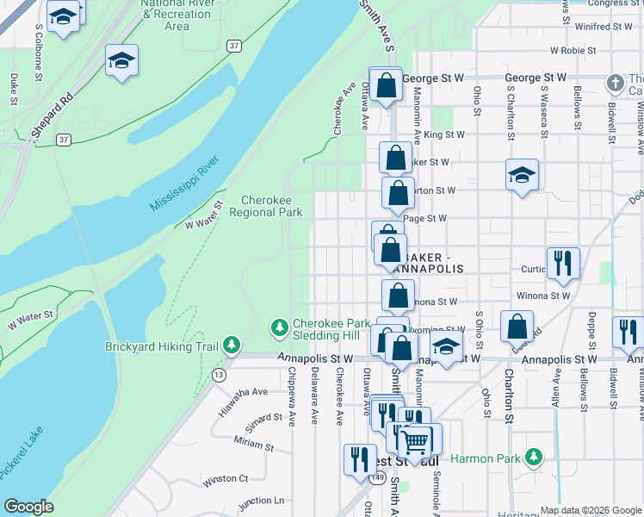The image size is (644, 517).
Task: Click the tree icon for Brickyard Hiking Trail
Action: tap(232, 346)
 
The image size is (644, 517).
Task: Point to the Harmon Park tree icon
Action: tap(534, 456)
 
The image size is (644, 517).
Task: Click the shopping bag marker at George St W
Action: tap(386, 84)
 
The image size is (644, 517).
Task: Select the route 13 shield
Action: tap(220, 374)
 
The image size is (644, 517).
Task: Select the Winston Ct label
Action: tap(226, 478)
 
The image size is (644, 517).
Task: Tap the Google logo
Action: tap(28, 507)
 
